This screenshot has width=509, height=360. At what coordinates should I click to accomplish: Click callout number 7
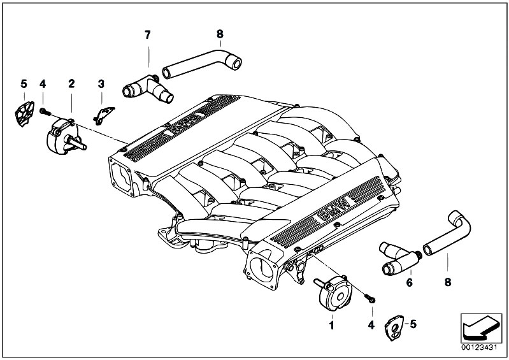pos(147,34)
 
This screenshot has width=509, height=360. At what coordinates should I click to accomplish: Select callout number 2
pos(71,83)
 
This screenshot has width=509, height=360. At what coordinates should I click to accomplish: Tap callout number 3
pos(101,83)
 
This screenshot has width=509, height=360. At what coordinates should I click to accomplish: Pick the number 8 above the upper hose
pos(220,34)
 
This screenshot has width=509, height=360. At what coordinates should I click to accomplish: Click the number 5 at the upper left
pos(24,83)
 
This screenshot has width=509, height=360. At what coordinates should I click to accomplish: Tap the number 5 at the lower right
pos(413,324)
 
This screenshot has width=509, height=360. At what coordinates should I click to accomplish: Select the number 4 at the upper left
pos(43,83)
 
